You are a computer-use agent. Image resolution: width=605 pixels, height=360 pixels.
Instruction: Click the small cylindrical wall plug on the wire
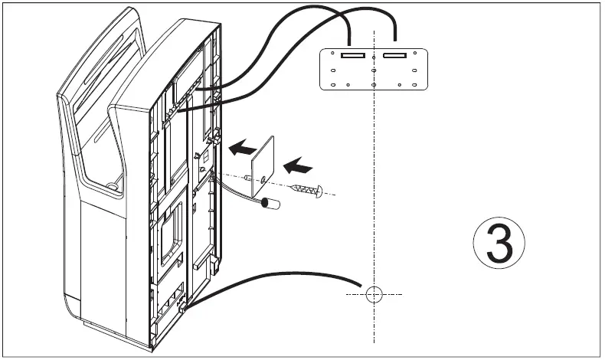(x=267, y=205)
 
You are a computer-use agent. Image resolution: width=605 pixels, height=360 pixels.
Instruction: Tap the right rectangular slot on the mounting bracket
(x=394, y=56)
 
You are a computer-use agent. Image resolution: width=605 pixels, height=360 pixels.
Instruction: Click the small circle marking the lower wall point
(x=372, y=294)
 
